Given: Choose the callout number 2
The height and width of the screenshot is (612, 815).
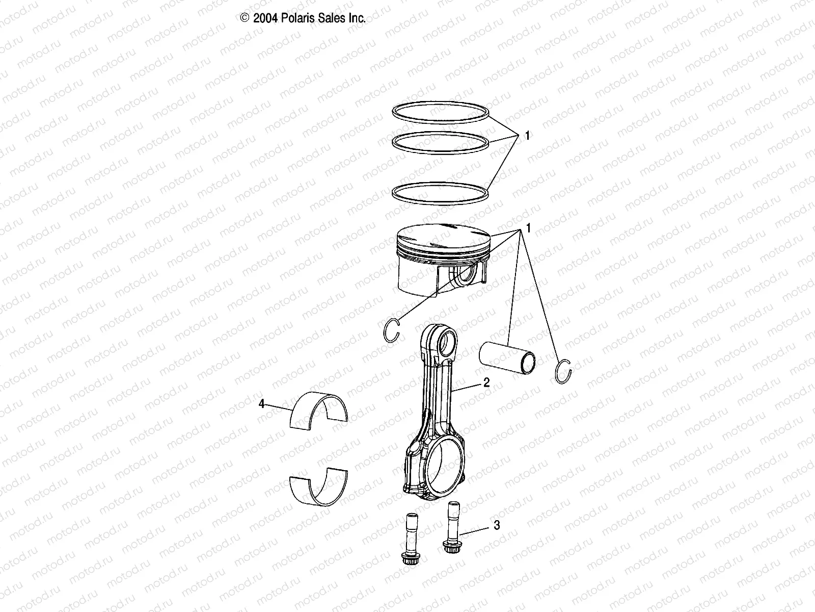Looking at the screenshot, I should [x=486, y=382].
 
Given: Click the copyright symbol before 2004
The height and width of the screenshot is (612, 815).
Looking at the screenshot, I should [x=244, y=18].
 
